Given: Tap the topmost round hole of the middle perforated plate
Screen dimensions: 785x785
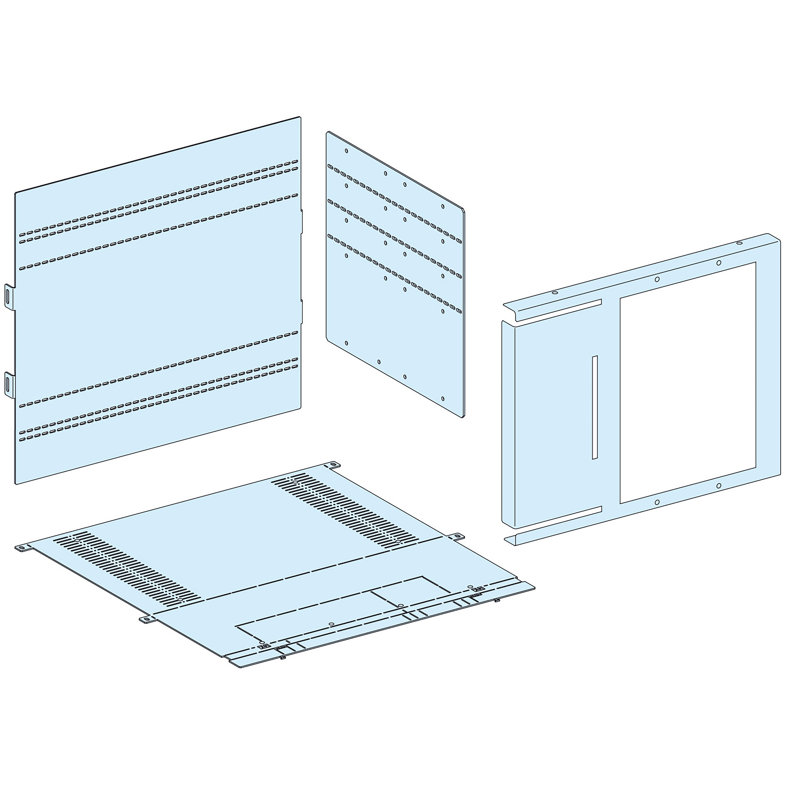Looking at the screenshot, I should click(x=346, y=151).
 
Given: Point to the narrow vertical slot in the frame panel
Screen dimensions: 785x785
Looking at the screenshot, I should click(x=594, y=408).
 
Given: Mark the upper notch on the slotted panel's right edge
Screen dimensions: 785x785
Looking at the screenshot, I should click(x=301, y=221).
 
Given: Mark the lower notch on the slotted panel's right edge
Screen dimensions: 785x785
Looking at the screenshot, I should click(x=301, y=312).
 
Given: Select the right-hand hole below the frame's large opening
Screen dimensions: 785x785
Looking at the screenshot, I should click(x=718, y=486).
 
